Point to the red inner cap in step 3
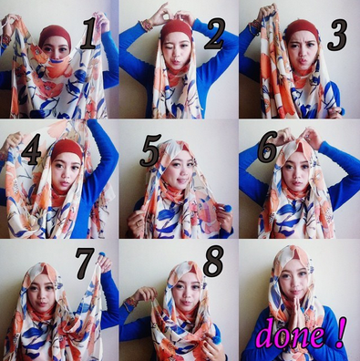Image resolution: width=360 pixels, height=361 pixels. pyautogui.click(x=301, y=27)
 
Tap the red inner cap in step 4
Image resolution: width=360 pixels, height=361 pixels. pyautogui.click(x=65, y=147)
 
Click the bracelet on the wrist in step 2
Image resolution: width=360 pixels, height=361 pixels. pyautogui.click(x=146, y=25)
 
